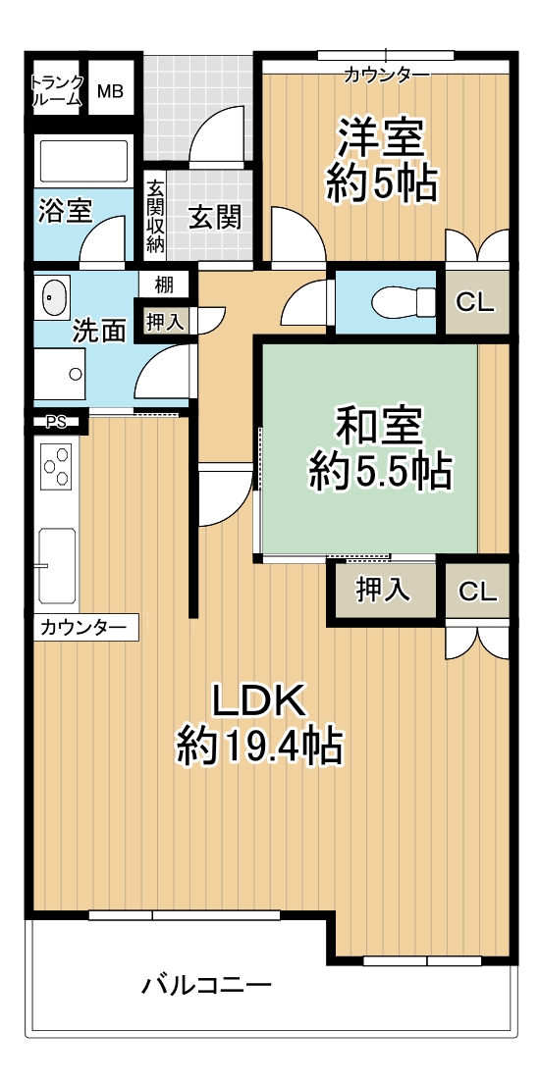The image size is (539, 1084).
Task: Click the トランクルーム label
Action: coord(58,90)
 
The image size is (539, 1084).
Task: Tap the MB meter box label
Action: coord(110,91)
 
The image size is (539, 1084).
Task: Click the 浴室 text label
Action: coord(65,211)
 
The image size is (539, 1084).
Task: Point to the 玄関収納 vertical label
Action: coord(156,215)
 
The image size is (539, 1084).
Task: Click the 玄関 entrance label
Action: coord(215,218)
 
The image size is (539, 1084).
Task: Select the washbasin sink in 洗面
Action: coord(55,298)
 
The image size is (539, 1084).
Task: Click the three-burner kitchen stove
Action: coord(57,467)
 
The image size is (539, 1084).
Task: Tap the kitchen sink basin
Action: coord(57,566)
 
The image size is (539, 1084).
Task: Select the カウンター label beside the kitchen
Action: coord(83,628)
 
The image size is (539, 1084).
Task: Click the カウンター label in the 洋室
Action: coord(387,75)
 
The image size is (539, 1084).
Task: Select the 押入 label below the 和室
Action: coord(383,590)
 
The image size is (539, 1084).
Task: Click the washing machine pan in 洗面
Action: coord(60,374)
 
